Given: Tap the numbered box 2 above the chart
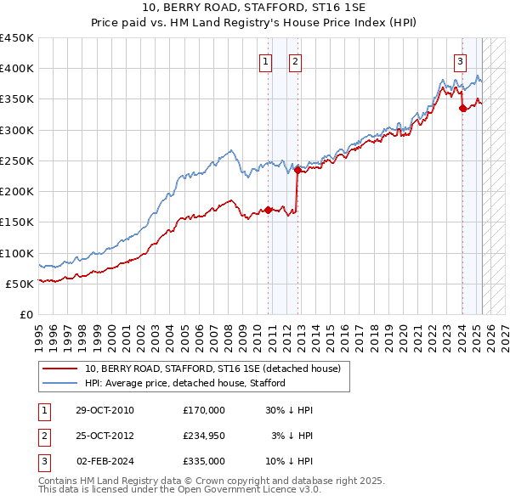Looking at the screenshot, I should click(294, 60).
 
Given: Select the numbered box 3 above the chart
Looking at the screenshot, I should click(460, 60).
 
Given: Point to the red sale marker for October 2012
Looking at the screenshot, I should click(298, 170).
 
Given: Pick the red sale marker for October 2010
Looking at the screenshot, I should click(269, 210).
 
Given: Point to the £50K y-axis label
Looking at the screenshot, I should click(20, 284).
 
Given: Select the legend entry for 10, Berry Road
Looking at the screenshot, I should click(212, 369).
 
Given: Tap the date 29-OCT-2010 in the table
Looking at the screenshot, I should click(105, 410).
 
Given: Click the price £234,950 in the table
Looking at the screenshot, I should click(203, 436).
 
